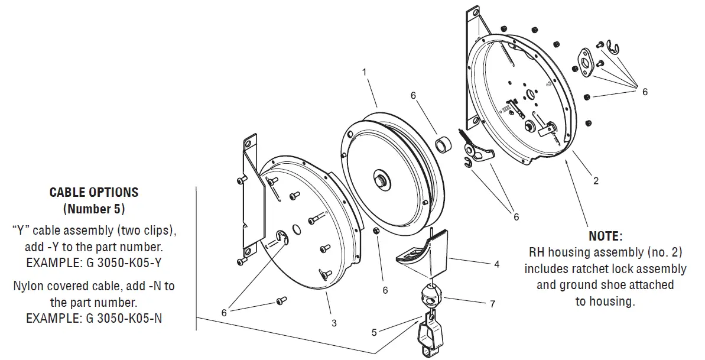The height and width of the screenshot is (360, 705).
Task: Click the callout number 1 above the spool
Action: tap(365, 72)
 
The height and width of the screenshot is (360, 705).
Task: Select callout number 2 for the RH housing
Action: tap(596, 181)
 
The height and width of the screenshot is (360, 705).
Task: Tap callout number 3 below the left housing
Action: tap(334, 323)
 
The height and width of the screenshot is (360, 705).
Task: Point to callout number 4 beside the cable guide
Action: tap(496, 264)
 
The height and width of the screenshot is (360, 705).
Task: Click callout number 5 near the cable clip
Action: tap(373, 332)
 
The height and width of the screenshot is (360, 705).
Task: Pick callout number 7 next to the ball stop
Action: tap(492, 304)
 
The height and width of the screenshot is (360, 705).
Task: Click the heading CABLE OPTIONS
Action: tap(94, 192)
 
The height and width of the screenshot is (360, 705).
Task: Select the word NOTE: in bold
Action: tap(606, 236)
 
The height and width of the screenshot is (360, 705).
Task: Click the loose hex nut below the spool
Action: tap(376, 230)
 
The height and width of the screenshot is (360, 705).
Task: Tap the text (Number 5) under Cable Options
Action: tap(94, 209)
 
